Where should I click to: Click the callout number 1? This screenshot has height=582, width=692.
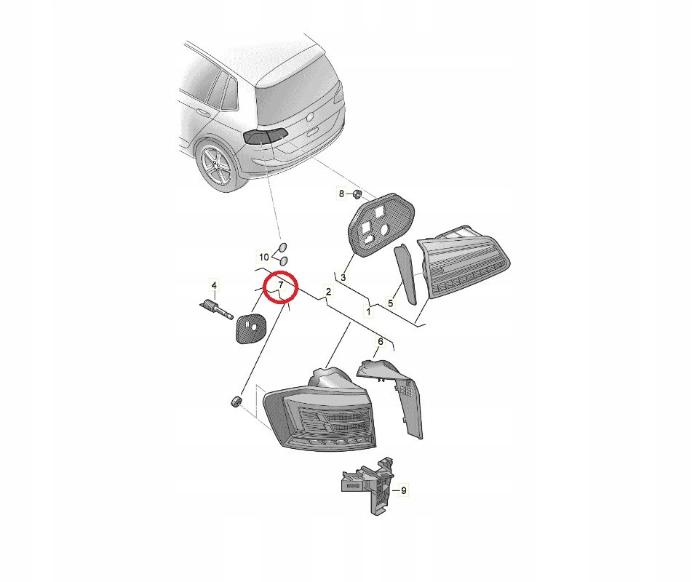click(368, 311)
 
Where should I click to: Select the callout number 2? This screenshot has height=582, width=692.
click(328, 291)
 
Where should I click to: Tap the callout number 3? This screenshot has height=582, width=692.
click(343, 278)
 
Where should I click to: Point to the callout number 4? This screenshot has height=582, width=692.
click(214, 285)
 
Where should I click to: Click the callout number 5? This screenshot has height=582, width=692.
click(391, 303)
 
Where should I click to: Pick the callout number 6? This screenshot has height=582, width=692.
click(380, 341)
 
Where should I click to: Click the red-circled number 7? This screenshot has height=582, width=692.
click(281, 284)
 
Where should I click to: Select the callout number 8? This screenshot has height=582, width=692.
click(341, 194)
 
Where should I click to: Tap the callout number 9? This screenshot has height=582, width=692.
click(403, 490)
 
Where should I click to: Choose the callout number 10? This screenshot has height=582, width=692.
click(263, 257)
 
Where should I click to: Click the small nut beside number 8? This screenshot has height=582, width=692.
click(357, 194)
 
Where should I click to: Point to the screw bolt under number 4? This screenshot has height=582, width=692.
click(216, 309)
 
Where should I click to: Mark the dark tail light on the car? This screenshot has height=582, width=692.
click(266, 136)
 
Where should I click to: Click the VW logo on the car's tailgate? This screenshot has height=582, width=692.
click(310, 116)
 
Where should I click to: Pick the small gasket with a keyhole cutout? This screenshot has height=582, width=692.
click(250, 328)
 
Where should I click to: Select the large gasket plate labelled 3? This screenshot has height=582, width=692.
click(381, 224)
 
